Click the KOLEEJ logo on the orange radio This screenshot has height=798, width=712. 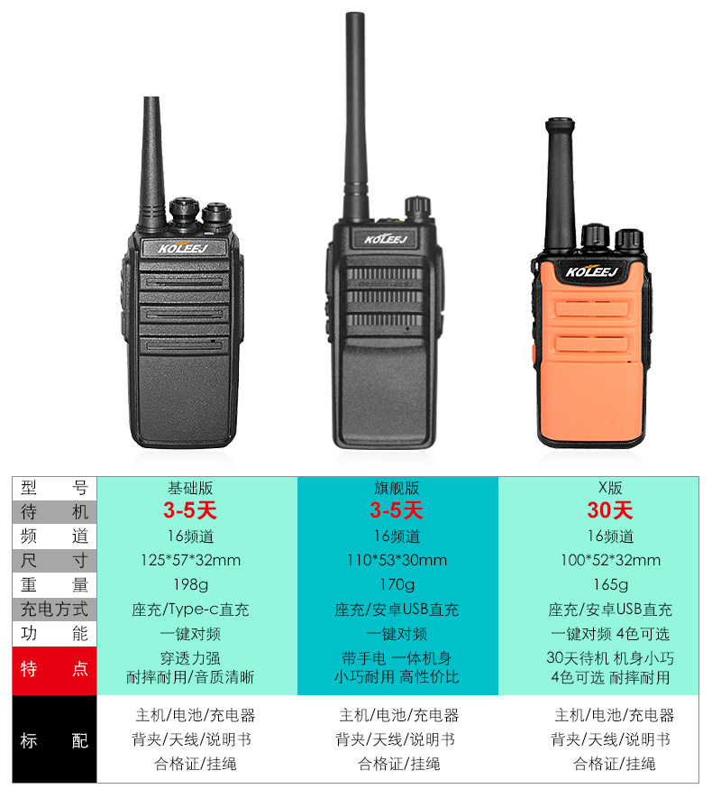592,271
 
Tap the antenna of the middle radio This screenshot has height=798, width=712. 355,117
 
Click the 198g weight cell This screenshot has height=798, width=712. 191,585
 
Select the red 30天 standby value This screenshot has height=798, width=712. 610,510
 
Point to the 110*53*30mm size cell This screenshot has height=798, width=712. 397,560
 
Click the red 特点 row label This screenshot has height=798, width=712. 54,669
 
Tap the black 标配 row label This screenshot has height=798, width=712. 54,739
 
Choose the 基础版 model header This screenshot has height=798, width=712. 191,488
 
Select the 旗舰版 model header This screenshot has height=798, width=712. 397,488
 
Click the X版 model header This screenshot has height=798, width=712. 610,488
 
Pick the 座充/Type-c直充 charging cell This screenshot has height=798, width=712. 191,610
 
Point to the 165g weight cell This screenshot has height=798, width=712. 610,585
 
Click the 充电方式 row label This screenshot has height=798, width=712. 54,610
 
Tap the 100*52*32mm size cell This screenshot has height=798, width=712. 610,560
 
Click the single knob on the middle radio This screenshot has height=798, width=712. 417,207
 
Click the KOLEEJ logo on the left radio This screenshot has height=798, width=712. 183,248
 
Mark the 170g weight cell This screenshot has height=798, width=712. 397,585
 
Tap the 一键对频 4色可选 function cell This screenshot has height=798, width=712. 610,634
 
